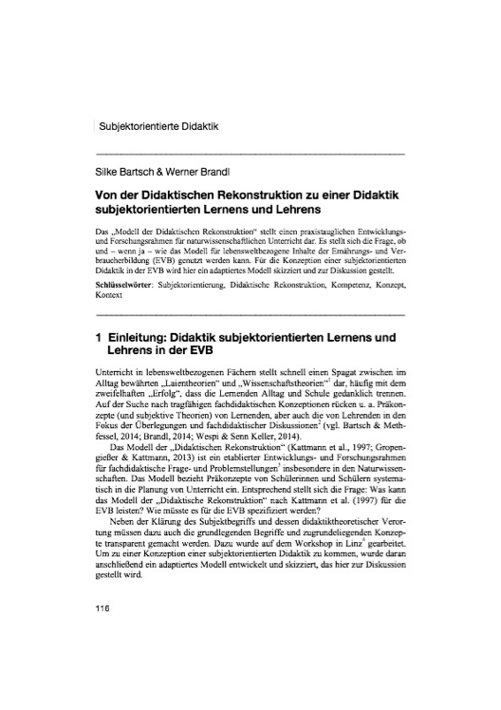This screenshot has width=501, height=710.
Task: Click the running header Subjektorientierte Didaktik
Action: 158,124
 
